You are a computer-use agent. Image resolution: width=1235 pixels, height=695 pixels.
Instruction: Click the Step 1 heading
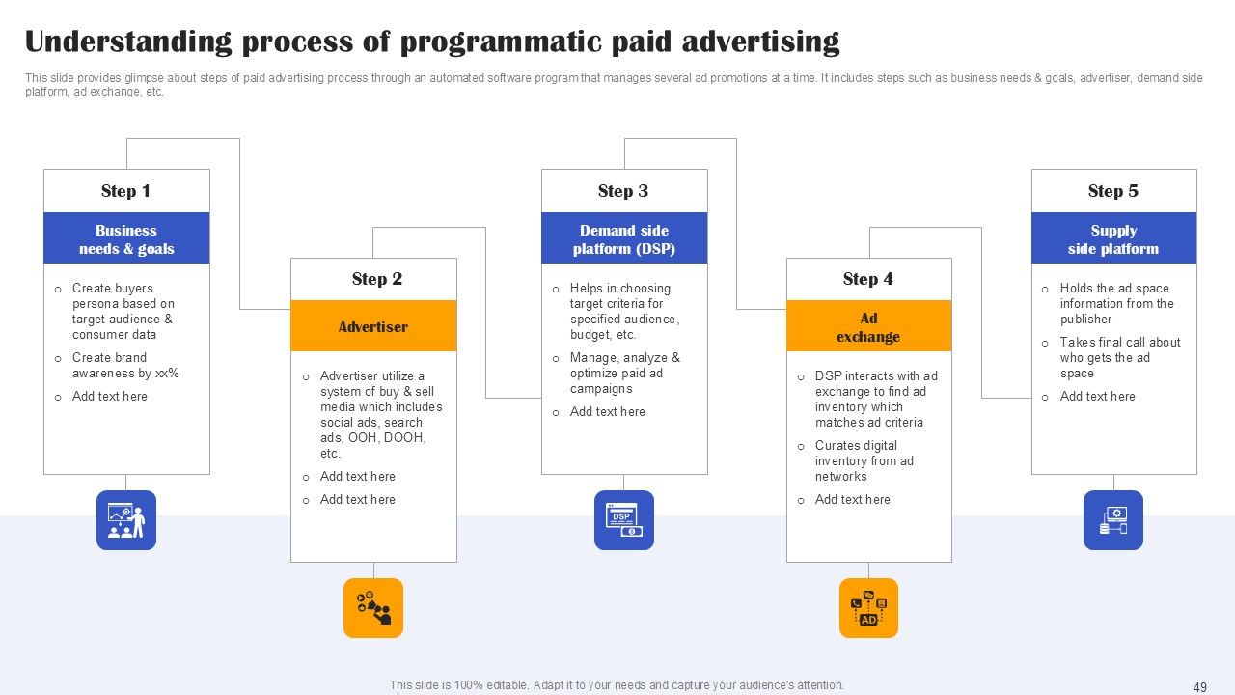coord(125,191)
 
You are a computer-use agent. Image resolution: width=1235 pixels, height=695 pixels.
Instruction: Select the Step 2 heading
coord(376,279)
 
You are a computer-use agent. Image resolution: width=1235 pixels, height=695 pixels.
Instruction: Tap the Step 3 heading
coord(623,191)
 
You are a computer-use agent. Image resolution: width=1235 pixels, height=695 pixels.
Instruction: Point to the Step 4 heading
coord(867,279)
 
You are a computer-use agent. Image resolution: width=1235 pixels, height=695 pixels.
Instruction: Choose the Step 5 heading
coord(1112,191)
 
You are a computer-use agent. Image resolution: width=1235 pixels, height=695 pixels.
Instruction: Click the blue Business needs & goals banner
coord(126,238)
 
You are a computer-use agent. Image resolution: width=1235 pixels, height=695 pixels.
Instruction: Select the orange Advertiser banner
coord(373,326)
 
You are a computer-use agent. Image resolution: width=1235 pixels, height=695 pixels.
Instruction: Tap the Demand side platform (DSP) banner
coord(624,238)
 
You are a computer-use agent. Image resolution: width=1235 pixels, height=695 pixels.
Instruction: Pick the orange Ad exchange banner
coord(867,326)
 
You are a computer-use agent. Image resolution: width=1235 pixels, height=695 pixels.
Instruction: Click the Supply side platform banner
coord(1113,238)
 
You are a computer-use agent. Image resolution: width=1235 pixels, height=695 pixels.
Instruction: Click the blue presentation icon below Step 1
coord(126,520)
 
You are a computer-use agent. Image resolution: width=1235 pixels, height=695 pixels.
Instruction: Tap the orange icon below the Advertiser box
coord(373,608)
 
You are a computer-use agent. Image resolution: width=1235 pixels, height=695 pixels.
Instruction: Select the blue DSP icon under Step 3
coord(624,520)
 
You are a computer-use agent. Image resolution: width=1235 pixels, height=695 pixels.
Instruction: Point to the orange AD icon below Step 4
coord(868,608)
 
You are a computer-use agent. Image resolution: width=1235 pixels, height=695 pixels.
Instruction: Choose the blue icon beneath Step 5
coord(1113,520)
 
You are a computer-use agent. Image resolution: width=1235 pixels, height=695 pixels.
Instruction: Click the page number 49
coord(1200,687)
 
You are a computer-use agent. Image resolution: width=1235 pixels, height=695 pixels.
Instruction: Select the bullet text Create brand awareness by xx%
coord(124,365)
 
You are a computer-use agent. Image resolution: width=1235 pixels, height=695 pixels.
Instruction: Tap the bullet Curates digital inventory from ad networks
coord(864,460)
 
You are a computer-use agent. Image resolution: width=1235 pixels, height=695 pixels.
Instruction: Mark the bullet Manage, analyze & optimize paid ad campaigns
coord(624,373)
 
